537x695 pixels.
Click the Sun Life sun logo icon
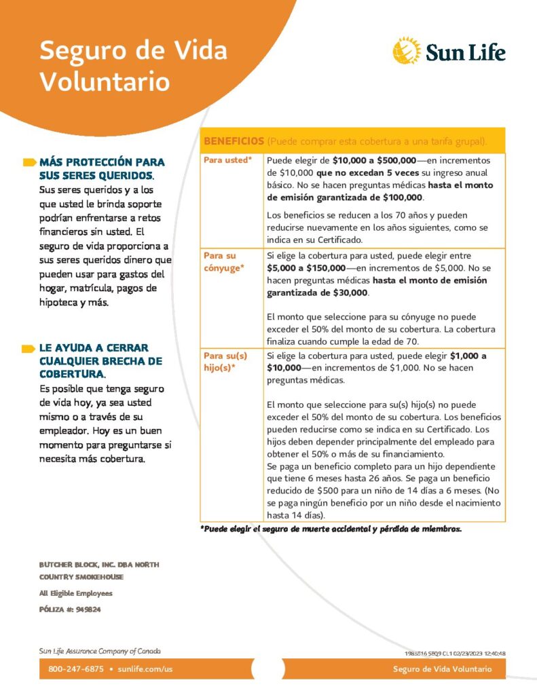(x=406, y=51)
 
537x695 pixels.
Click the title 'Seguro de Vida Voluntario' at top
(x=133, y=66)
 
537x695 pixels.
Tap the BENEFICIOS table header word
(x=234, y=141)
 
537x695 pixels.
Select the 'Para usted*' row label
(x=228, y=160)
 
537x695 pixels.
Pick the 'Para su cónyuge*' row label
(x=224, y=261)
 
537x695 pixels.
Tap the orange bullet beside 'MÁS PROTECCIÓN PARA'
(x=29, y=162)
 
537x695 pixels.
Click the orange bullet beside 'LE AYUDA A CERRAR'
(x=29, y=348)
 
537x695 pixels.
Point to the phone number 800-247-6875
(x=75, y=669)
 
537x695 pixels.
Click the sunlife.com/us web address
(x=145, y=669)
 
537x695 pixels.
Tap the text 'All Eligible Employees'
(x=75, y=593)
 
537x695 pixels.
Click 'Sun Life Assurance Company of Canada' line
(x=100, y=651)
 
